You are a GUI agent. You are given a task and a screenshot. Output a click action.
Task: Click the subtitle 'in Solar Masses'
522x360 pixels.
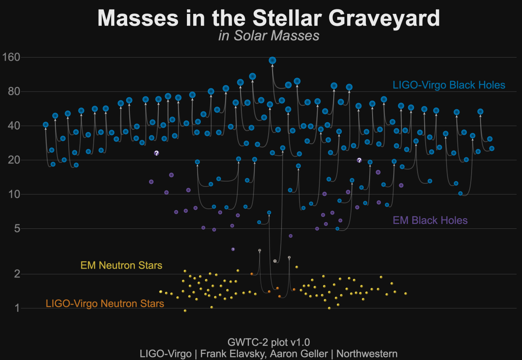click(269, 36)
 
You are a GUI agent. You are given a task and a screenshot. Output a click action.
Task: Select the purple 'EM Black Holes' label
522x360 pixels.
click(430, 220)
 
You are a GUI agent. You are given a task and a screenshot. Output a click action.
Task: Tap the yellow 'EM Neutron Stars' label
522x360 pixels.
click(121, 266)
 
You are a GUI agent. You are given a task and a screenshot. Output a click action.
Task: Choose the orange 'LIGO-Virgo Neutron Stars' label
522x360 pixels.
click(105, 304)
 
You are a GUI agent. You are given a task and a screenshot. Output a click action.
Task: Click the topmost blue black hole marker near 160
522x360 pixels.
click(272, 60)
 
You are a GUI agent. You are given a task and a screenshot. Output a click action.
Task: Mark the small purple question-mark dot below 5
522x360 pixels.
click(233, 249)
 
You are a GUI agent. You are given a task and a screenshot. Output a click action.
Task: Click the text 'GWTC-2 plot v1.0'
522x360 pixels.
click(268, 343)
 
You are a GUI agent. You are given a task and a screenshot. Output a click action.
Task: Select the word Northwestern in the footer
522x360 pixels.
click(367, 354)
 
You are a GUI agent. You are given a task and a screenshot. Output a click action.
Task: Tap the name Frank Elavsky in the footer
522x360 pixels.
click(231, 354)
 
